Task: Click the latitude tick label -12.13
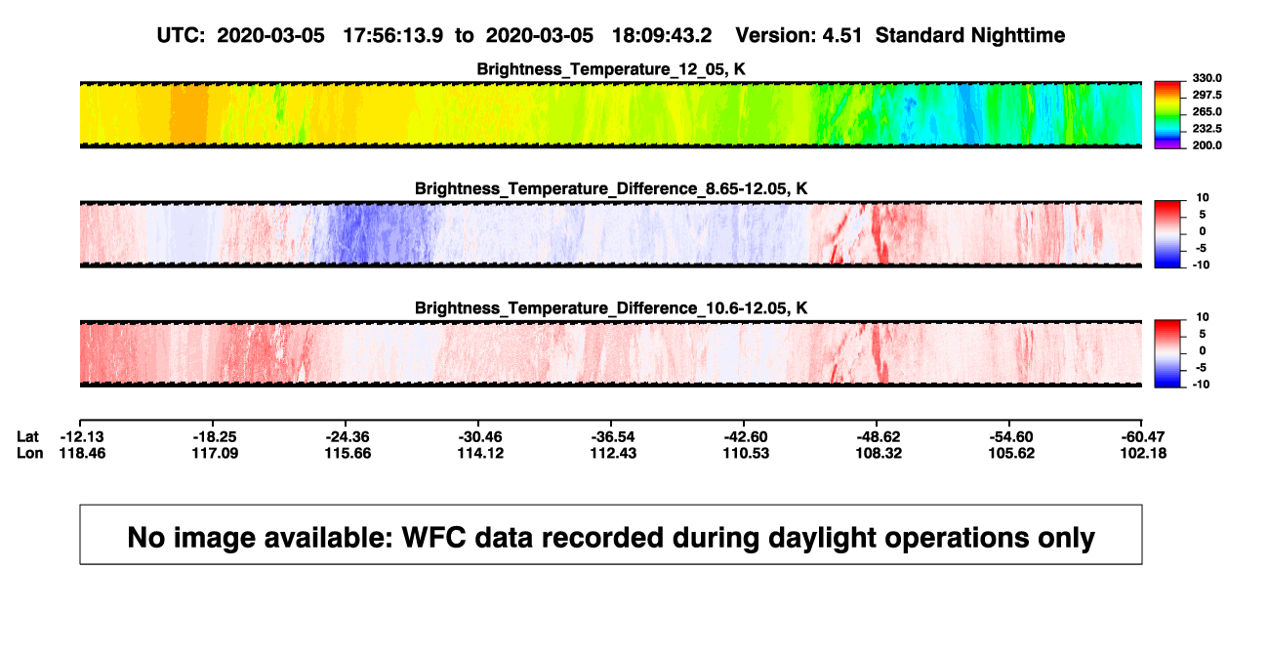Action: tap(82, 437)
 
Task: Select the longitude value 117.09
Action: tap(215, 453)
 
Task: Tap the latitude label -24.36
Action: tap(348, 437)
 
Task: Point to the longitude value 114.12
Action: tap(480, 453)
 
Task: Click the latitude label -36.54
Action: tap(613, 437)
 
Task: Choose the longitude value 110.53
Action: tap(746, 453)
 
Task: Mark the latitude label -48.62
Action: tap(879, 437)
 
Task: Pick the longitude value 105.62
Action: tap(1011, 453)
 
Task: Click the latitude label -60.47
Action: tap(1143, 437)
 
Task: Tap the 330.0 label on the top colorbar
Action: tap(1207, 78)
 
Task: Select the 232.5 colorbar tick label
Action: tap(1207, 129)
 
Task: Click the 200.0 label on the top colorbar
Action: tap(1207, 145)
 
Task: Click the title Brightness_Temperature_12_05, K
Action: tap(611, 69)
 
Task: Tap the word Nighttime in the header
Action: tap(1017, 36)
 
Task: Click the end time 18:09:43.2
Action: tap(662, 35)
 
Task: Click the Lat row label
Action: tap(27, 437)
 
